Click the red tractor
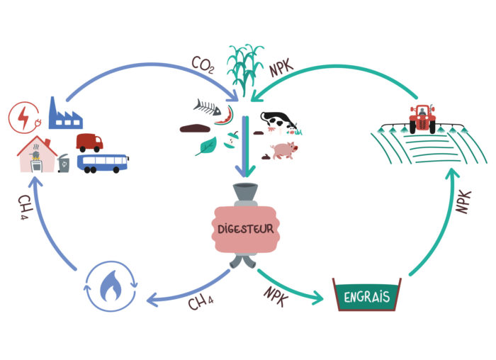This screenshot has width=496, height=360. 423,118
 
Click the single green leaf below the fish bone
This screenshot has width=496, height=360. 207,147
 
